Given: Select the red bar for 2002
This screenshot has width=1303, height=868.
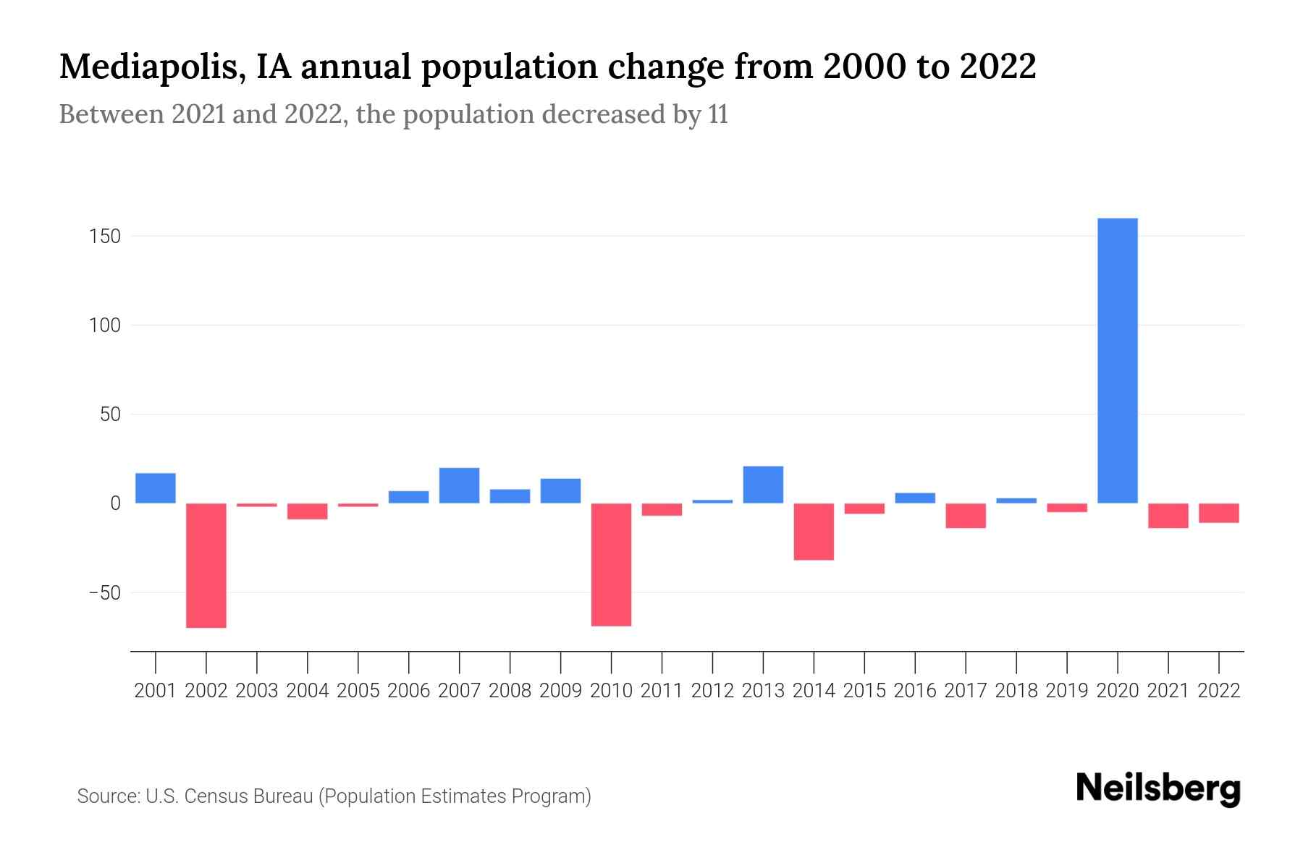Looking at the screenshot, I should tap(206, 565).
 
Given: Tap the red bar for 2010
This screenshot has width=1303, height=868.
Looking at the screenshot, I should tap(611, 564).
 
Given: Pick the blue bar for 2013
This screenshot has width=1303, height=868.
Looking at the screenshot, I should tap(763, 485).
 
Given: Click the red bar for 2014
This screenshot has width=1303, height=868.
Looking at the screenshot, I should tap(814, 532).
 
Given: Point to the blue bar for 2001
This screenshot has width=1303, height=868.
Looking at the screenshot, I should tap(156, 488).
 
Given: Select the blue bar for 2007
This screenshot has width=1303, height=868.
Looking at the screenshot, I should tap(459, 485).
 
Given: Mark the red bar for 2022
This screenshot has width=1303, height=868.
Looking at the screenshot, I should tap(1218, 513).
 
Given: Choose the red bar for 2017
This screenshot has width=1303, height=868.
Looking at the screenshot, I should tap(966, 516).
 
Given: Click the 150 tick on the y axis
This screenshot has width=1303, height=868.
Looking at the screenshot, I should tap(105, 237).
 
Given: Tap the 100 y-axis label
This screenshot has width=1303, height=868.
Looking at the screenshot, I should tap(105, 325).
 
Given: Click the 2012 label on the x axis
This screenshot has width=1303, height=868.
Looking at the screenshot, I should tap(712, 691).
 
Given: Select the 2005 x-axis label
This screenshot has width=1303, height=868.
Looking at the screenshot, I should tap(358, 691).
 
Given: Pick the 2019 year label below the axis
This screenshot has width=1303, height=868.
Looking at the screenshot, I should tap(1066, 691).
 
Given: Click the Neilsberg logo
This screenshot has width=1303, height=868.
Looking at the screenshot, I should tap(1158, 788).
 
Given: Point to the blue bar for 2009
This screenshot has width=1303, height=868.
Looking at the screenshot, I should tap(560, 490).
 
